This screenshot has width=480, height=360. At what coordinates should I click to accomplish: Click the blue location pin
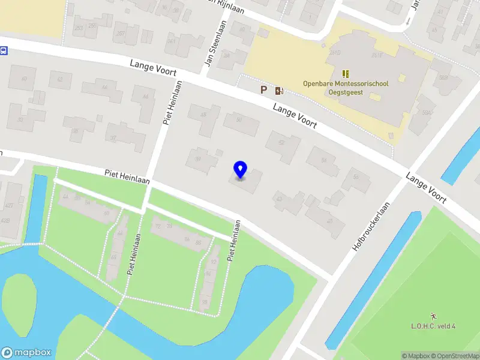click(x=240, y=170)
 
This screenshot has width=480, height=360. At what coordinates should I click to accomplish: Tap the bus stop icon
click(x=3, y=51)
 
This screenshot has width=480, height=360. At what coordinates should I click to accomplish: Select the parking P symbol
click(x=263, y=90)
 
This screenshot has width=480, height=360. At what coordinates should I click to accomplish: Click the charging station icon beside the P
click(x=279, y=91)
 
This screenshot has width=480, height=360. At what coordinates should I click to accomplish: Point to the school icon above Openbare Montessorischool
click(x=345, y=73)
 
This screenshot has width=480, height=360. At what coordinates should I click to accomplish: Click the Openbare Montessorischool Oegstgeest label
click(x=345, y=88)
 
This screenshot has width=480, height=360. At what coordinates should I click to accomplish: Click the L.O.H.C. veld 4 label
click(x=433, y=326)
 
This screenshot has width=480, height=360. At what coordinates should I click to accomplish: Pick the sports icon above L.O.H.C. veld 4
click(x=433, y=316)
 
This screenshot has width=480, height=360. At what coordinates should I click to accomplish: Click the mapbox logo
click(x=26, y=352)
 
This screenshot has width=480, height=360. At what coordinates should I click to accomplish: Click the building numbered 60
click(x=107, y=212)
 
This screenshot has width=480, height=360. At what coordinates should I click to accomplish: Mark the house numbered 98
click(x=205, y=301)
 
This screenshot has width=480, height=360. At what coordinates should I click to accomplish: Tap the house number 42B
click(x=6, y=220)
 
